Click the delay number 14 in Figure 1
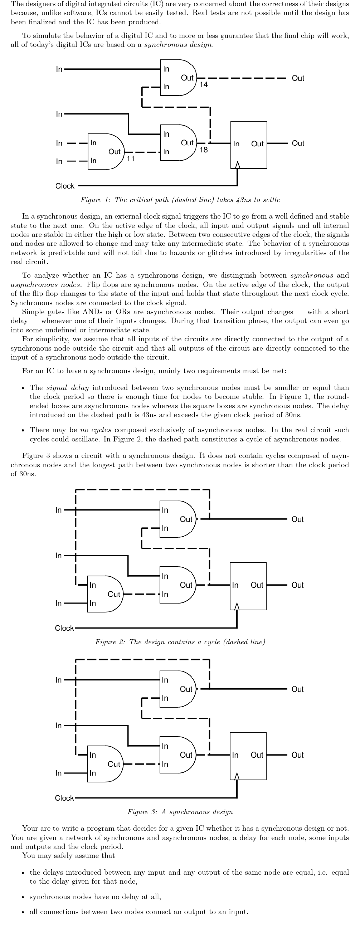[204, 85]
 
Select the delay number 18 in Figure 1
[204, 150]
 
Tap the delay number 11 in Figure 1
[131, 158]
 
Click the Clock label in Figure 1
[65, 186]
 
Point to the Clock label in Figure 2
[64, 628]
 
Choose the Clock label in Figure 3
[64, 798]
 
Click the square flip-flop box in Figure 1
[249, 145]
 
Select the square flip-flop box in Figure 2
[248, 586]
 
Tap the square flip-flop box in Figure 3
[248, 756]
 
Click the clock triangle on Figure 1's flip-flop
[237, 165]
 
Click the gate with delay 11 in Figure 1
[105, 152]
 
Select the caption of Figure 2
[180, 641]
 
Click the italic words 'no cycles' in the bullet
[96, 430]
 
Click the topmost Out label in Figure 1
[298, 78]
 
